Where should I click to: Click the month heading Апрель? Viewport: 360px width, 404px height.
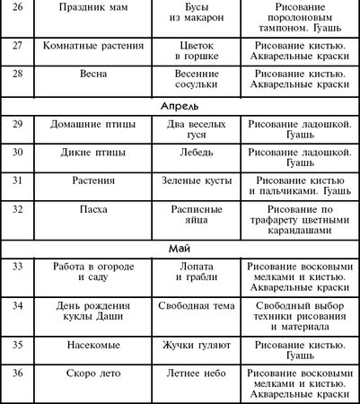pyautogui.click(x=180, y=105)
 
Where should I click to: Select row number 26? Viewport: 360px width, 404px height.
pyautogui.click(x=18, y=7)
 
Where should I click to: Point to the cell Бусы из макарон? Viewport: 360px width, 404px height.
pyautogui.click(x=197, y=13)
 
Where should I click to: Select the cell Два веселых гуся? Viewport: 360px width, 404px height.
pyautogui.click(x=197, y=127)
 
